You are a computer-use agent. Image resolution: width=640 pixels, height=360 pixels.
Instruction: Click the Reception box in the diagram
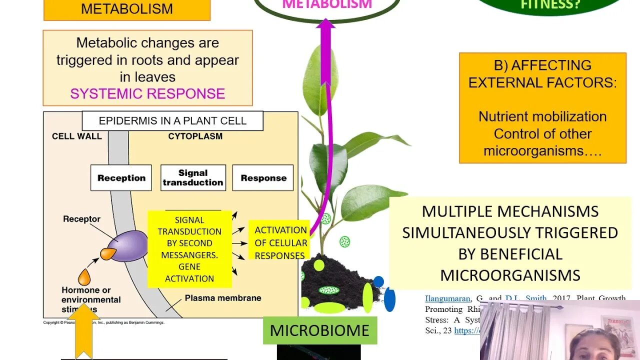[x=121, y=178]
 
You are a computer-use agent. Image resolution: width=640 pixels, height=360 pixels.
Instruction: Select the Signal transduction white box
[x=193, y=178]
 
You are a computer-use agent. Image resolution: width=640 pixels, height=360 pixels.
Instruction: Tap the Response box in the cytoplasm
[x=263, y=178]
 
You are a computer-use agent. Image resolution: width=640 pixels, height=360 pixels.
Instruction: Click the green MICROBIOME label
[x=319, y=330]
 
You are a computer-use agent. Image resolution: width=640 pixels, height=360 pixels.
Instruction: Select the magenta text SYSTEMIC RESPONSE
[x=147, y=94]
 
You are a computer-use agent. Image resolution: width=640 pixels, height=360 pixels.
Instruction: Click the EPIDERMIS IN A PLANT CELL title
[x=172, y=121]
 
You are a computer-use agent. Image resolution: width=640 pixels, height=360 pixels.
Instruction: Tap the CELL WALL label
[x=76, y=136]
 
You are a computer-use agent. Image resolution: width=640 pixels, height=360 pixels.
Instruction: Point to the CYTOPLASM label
[x=195, y=136]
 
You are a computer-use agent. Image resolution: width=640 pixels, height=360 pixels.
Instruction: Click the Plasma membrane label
[x=223, y=298]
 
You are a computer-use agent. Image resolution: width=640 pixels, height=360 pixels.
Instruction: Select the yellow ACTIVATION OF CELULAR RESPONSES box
[x=280, y=243]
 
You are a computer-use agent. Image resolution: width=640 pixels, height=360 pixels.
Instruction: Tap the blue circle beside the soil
[x=378, y=281]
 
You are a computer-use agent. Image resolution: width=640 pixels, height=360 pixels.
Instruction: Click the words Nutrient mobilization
[x=542, y=116]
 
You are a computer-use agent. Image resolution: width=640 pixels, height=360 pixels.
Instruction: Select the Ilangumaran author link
[x=447, y=299]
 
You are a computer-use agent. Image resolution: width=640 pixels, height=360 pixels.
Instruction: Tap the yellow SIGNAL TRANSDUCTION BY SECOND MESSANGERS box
[x=189, y=249]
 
